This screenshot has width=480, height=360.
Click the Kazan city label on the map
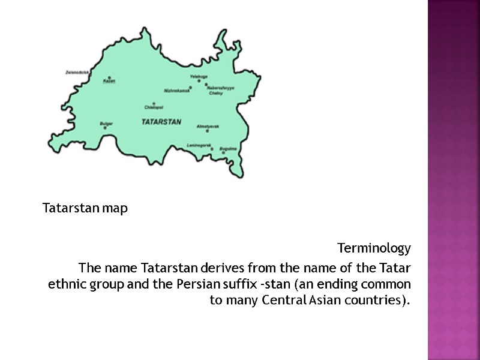point(109,81)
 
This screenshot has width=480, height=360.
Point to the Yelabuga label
point(198,76)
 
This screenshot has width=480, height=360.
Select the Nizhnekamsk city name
point(176,91)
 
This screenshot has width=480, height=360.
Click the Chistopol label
point(154,107)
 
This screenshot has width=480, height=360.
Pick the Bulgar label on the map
point(106,123)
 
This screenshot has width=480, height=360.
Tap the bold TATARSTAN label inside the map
point(161,122)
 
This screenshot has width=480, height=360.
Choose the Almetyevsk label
point(208,126)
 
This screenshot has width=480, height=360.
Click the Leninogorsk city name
point(199,146)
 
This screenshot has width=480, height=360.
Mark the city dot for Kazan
point(109,77)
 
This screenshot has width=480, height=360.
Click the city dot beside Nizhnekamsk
point(190,88)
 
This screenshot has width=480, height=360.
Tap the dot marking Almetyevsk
point(208,131)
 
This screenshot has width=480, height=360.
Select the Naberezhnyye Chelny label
point(220,91)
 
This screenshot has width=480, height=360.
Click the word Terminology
point(374,248)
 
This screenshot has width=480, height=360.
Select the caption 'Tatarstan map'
point(85,209)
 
